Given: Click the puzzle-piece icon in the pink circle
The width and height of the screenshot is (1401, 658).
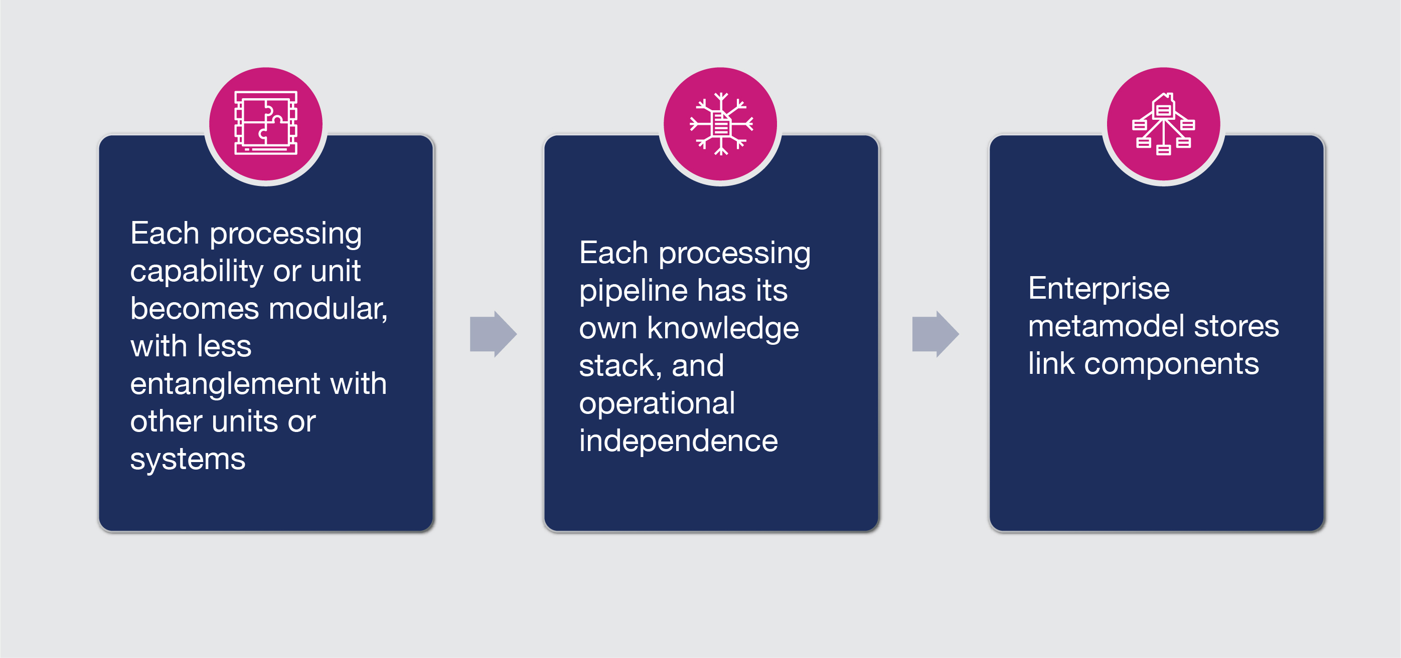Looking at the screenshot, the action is pyautogui.click(x=266, y=123).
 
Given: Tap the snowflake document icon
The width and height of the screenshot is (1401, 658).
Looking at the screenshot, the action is pyautogui.click(x=721, y=124).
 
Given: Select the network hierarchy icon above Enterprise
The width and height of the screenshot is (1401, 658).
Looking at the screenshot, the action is pyautogui.click(x=1163, y=124).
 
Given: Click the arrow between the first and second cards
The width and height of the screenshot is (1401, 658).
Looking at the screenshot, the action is pyautogui.click(x=493, y=334).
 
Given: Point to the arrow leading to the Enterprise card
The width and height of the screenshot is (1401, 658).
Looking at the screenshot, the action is pyautogui.click(x=936, y=334).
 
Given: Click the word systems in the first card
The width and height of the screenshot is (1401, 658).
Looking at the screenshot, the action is pyautogui.click(x=188, y=459).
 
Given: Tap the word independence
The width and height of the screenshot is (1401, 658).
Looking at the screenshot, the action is pyautogui.click(x=678, y=441).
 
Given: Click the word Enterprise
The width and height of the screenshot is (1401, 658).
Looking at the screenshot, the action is pyautogui.click(x=1099, y=289).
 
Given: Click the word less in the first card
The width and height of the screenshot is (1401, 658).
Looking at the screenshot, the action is pyautogui.click(x=225, y=346).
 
